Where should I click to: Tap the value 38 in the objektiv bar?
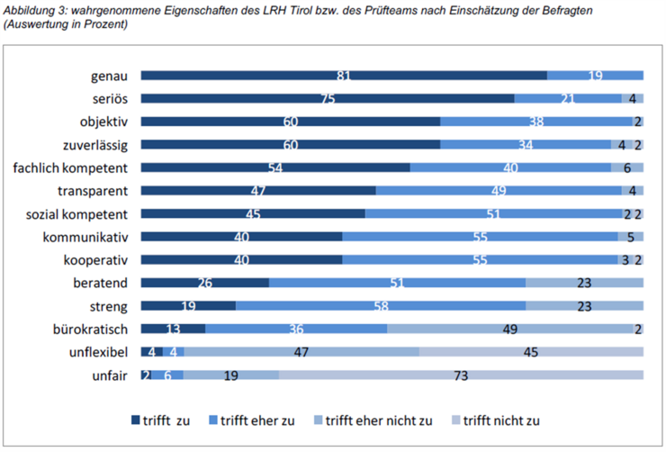click(x=535, y=122)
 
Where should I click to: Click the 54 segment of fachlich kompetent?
click(x=275, y=167)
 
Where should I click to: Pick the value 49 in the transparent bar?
click(x=498, y=190)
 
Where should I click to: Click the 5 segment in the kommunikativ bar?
click(x=630, y=237)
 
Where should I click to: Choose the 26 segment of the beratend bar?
click(x=204, y=283)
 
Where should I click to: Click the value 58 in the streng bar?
click(x=380, y=305)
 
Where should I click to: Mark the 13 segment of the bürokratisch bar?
click(x=173, y=329)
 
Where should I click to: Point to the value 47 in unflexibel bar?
click(x=301, y=351)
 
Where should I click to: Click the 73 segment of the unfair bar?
click(x=460, y=375)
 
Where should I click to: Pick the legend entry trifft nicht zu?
click(x=500, y=420)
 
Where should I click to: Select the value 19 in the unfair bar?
click(x=230, y=375)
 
